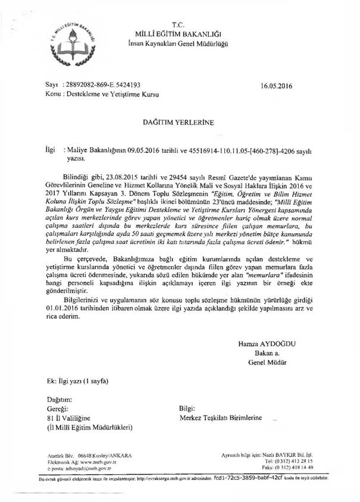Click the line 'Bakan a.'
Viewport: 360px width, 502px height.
[267, 353]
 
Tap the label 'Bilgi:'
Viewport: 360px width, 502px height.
[187, 409]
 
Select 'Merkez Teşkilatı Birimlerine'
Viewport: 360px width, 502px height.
[221, 418]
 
